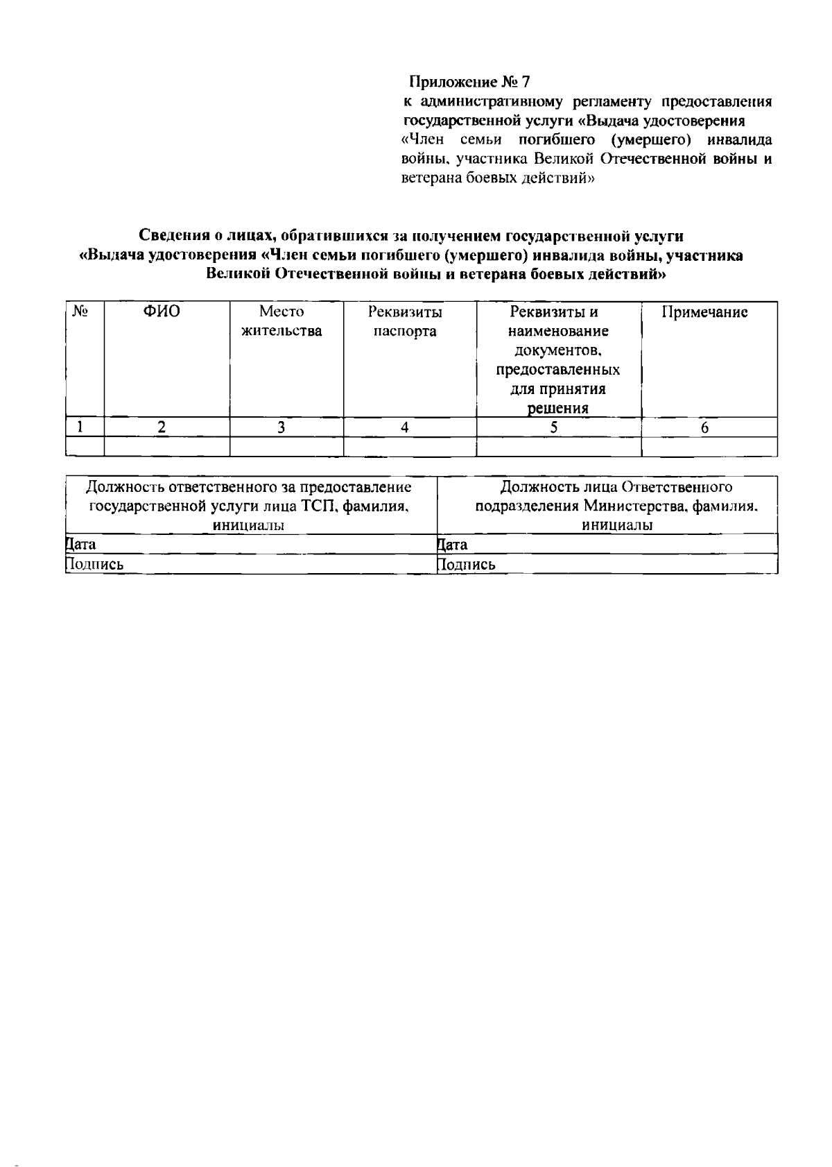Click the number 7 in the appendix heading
[525, 83]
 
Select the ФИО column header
[162, 312]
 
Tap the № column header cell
[80, 312]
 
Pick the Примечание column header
[704, 312]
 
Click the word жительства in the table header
[281, 331]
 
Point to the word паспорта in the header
[405, 331]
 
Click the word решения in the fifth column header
[558, 408]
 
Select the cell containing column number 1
[80, 427]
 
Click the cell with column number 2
[162, 427]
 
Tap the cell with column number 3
[281, 427]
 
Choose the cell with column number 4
[405, 427]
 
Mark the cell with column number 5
[554, 427]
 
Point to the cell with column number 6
[704, 427]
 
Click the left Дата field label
[80, 544]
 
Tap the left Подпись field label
[94, 564]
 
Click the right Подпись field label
[466, 564]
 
